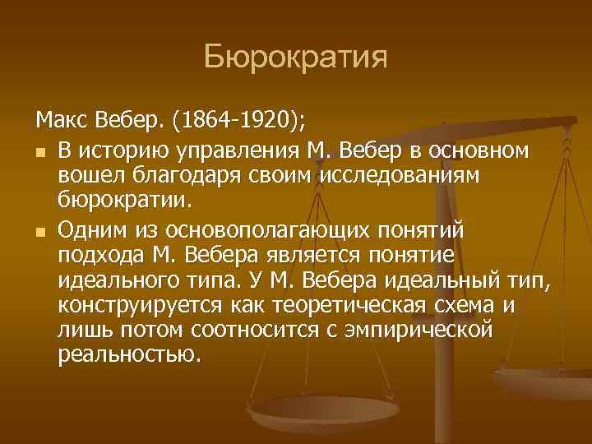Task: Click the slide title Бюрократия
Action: [x=295, y=58]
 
